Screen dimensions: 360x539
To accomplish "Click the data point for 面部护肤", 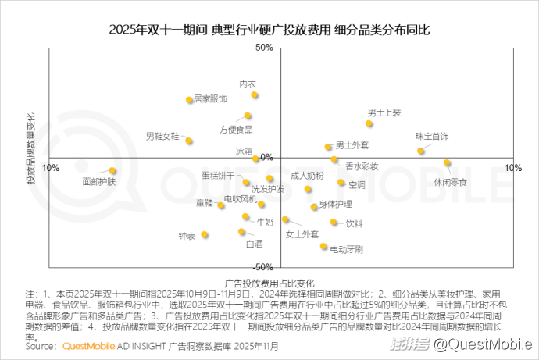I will point(112,170).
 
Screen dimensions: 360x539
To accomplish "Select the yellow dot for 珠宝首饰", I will point(420,151).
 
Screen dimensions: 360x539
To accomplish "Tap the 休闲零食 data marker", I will point(448,163).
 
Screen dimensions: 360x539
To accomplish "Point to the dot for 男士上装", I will point(369,123).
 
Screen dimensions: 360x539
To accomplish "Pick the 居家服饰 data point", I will point(189,100).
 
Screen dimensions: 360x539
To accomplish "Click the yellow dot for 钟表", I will point(205,234).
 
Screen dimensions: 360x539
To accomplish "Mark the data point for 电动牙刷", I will point(323,247).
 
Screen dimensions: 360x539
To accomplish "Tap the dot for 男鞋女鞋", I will point(189,141).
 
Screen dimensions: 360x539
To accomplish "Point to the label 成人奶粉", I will point(306,176).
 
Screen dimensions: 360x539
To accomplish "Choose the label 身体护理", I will point(335,204).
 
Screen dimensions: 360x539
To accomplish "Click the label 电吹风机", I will point(240,200).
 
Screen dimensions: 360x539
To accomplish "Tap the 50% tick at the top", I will point(264,48).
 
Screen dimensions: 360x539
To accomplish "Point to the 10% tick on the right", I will point(512,168).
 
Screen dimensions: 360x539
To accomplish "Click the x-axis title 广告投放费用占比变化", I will point(269,282).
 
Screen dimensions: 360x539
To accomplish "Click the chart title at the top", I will point(269,30).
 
